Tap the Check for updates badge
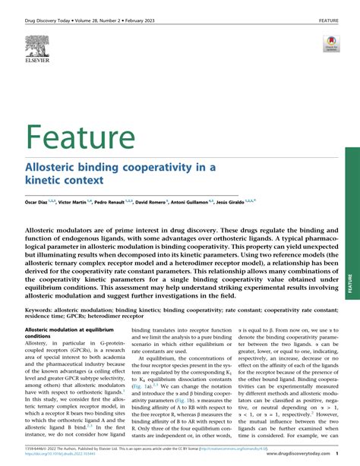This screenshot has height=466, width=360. click(x=331, y=43)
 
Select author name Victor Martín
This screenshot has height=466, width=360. click(x=80, y=203)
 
